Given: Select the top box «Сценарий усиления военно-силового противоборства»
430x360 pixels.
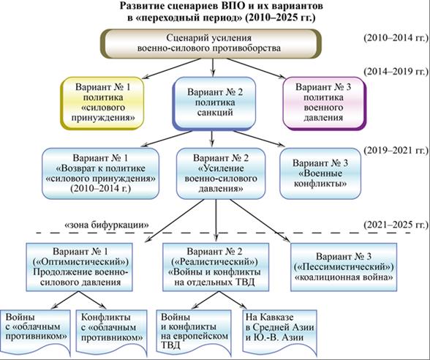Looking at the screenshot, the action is pos(210,43).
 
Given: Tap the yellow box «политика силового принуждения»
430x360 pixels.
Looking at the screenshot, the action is pos(102,103).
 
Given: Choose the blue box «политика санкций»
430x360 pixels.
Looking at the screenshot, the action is pos(214,103).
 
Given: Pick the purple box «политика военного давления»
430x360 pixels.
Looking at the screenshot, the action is pos(325,103).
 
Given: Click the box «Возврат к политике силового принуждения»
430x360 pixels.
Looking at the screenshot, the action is pos(101,173).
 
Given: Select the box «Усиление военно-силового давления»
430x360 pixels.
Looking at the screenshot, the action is pos(221,173).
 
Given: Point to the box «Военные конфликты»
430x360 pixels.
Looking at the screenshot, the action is pos(320,173).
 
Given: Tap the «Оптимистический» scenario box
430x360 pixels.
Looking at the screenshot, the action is pos(79,267).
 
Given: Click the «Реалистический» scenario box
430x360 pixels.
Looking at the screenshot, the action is pos(216,267).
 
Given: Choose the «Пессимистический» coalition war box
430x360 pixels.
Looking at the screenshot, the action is pos(344,267).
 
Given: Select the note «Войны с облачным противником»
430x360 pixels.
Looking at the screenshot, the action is pos(35,331).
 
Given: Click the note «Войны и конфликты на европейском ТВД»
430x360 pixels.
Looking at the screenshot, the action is pos(194,331).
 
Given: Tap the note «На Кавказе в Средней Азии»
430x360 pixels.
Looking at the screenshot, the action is pos(279,331).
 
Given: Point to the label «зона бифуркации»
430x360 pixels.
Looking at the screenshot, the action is pos(107,225).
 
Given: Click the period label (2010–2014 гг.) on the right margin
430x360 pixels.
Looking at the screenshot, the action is pos(396,37).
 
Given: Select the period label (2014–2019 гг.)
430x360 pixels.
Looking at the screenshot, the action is pos(396,72).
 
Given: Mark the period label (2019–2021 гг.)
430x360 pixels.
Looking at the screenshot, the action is pos(396,151).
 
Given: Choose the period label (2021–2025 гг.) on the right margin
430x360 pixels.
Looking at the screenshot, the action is pos(396,225).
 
